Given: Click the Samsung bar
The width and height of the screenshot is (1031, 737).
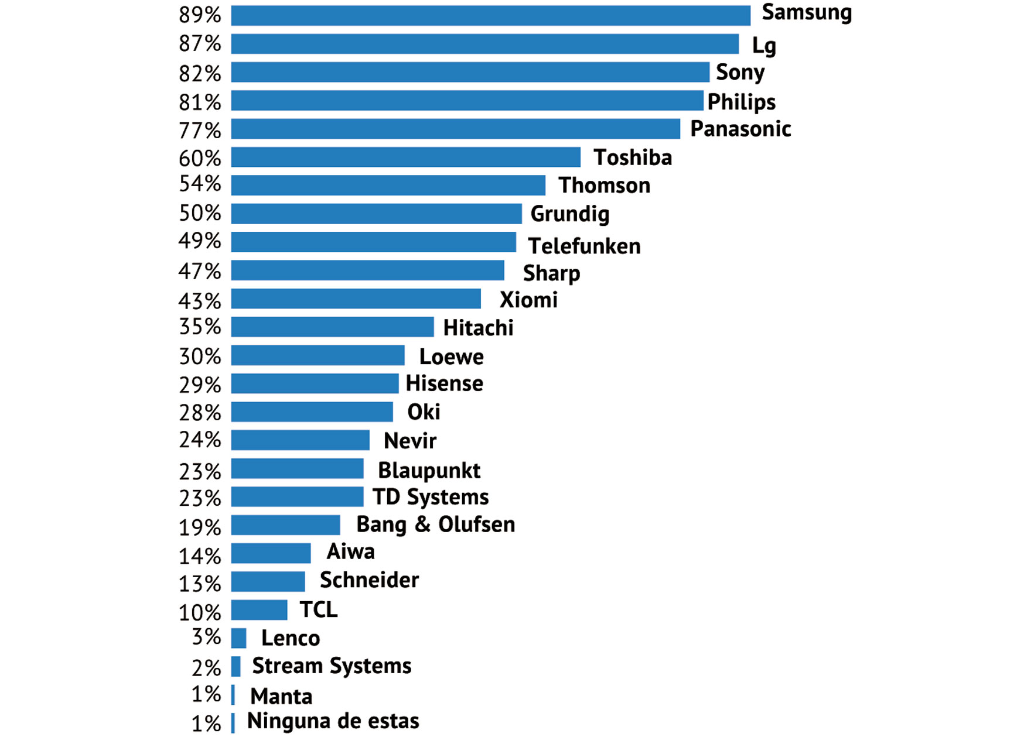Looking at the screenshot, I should pyautogui.click(x=490, y=16).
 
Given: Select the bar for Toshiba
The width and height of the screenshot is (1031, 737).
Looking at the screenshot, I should pyautogui.click(x=405, y=157).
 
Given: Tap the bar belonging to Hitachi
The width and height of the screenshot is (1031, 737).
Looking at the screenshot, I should pyautogui.click(x=332, y=327).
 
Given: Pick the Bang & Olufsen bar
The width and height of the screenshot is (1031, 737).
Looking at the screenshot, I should pyautogui.click(x=285, y=525).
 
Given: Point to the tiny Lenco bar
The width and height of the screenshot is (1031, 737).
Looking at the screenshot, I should pyautogui.click(x=238, y=638).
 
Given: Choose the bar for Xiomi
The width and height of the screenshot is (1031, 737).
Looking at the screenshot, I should pyautogui.click(x=356, y=299).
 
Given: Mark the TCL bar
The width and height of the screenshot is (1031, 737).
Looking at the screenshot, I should pyautogui.click(x=259, y=610).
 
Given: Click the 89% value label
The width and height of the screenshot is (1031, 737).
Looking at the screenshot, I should pyautogui.click(x=200, y=15).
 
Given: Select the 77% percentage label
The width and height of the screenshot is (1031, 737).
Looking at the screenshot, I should pyautogui.click(x=200, y=130).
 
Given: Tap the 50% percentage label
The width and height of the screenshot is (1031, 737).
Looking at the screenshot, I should pyautogui.click(x=200, y=213).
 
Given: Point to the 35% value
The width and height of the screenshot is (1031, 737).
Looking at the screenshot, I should pyautogui.click(x=200, y=327).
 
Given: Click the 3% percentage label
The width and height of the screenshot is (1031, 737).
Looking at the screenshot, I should pyautogui.click(x=206, y=637).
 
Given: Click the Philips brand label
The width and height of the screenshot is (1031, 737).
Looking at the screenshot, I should pyautogui.click(x=741, y=102).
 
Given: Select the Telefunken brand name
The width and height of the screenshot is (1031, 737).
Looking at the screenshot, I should pyautogui.click(x=584, y=246).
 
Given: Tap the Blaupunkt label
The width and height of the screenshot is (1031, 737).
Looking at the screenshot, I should pyautogui.click(x=429, y=471).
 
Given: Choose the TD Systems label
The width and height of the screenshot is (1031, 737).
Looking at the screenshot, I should pyautogui.click(x=431, y=498).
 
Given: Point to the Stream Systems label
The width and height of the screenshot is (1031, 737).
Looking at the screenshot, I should pyautogui.click(x=332, y=666).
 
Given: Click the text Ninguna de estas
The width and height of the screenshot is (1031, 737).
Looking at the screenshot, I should pyautogui.click(x=333, y=721).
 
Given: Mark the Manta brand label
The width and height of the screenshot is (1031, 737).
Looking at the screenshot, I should pyautogui.click(x=281, y=697).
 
